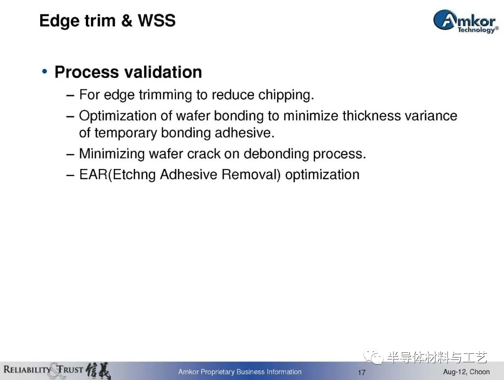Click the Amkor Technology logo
pos(466,21)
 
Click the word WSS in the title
pos(156,21)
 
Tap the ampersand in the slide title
pos(126,21)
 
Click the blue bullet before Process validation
pos(45,71)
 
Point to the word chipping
pos(286,95)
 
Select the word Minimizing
pos(112,154)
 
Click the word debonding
pos(276,154)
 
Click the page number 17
pos(362,372)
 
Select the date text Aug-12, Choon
pos(466,372)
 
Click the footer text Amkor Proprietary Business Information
pos(240,372)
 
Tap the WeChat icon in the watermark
pos(373,356)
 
